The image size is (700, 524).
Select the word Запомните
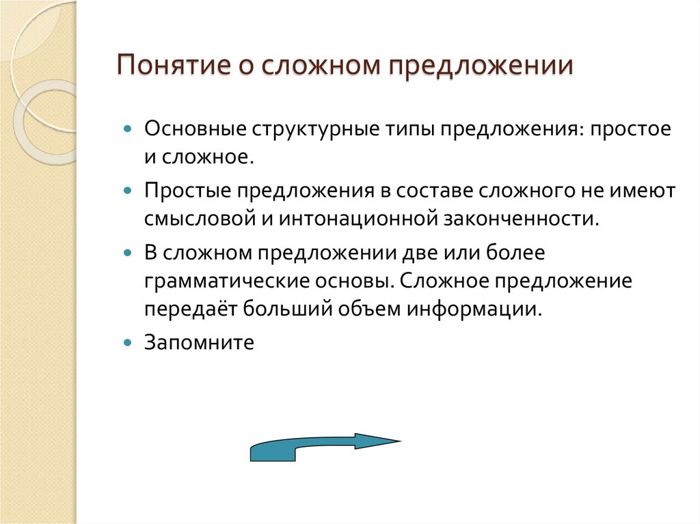click(x=199, y=342)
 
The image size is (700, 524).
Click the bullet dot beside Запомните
click(x=127, y=341)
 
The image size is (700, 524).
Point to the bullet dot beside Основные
click(x=127, y=128)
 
